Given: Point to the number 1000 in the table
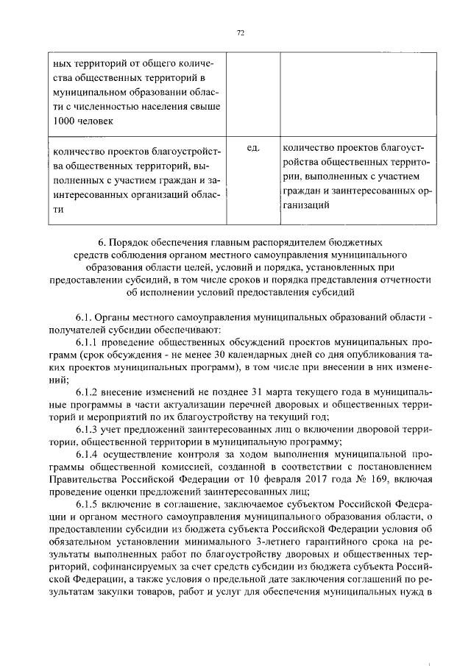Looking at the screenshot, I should click(65, 121).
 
